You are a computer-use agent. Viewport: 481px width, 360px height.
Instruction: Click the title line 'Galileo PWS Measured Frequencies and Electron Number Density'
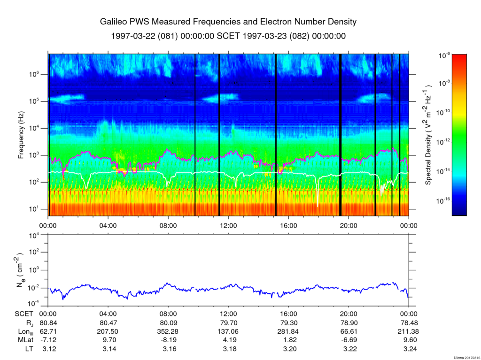[x=228, y=22]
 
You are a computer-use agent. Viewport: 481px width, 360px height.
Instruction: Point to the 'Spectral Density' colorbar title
[x=428, y=135]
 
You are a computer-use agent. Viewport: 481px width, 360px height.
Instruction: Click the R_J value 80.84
[x=48, y=323]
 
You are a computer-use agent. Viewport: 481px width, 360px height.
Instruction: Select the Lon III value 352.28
[x=168, y=332]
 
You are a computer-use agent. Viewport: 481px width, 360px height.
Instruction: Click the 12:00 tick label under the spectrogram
[x=228, y=225]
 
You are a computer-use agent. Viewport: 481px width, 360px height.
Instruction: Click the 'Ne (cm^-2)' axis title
[x=21, y=270]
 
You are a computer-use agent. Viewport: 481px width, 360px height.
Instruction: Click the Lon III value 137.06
[x=228, y=332]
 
